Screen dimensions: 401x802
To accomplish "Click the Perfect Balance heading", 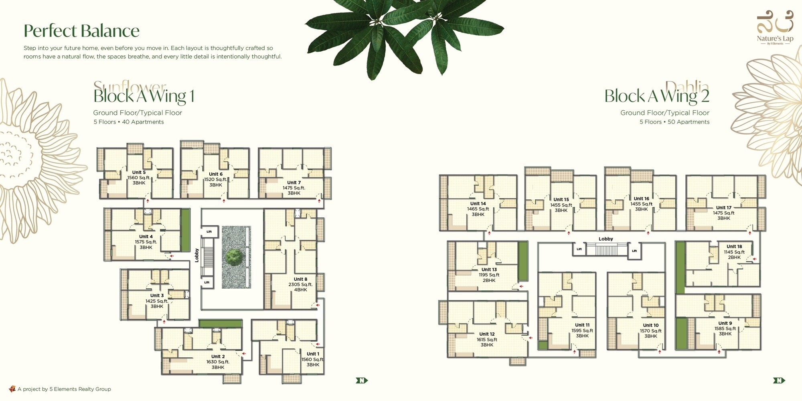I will coord(81,31).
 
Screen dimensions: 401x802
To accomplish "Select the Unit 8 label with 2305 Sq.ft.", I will coord(300,284).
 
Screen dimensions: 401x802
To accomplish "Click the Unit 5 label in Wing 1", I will coord(139,177).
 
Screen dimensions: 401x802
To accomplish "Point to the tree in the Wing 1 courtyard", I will coord(234,257).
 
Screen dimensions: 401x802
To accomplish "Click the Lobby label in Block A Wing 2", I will coord(606,239).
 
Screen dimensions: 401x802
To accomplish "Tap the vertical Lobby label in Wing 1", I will coord(196,255).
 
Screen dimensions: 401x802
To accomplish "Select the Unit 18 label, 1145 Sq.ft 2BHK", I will coord(734,252).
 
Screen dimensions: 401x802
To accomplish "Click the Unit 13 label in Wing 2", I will coord(489,275).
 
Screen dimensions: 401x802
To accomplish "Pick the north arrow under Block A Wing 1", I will coord(361,380).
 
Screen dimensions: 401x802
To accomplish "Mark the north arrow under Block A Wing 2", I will coord(779,380).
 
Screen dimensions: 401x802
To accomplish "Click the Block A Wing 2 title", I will coord(657,96).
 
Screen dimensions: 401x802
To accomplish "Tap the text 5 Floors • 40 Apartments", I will coord(129,122).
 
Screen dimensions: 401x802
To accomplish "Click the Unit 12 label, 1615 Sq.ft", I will coord(487,339).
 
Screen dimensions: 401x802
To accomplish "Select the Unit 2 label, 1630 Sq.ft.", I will coord(218,362).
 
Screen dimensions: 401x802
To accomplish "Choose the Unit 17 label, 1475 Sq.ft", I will coord(723,213).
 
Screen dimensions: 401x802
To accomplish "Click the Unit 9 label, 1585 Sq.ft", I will coord(725,328).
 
